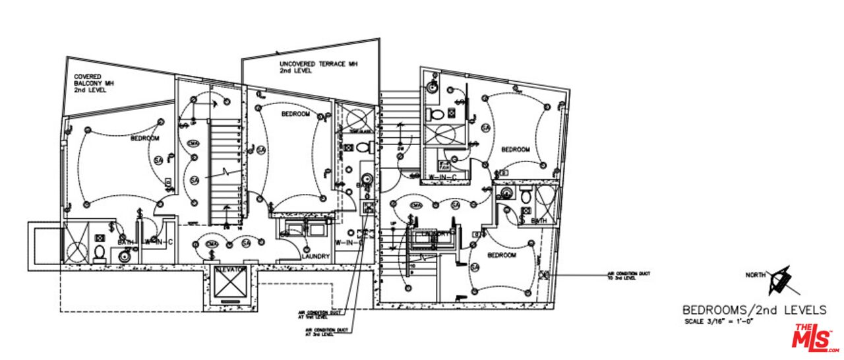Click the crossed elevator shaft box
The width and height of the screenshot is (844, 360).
pyautogui.click(x=228, y=287)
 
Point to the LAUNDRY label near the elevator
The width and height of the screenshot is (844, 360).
pyautogui.click(x=315, y=256)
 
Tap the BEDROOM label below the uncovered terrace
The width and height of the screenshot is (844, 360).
pyautogui.click(x=295, y=114)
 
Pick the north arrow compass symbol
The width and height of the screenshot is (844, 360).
pyautogui.click(x=780, y=280)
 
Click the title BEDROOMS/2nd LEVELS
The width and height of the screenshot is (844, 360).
pyautogui.click(x=754, y=310)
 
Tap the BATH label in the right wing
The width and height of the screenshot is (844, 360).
pyautogui.click(x=539, y=221)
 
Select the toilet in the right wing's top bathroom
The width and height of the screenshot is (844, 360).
pyautogui.click(x=436, y=115)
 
